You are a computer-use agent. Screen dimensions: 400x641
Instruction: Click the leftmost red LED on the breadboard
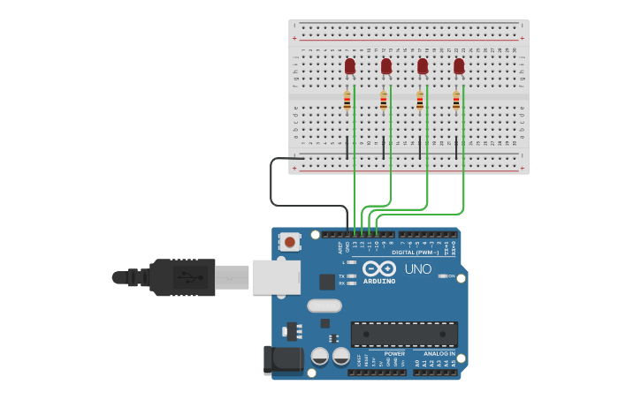[x=350, y=65]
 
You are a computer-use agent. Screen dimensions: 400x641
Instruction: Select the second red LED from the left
[x=386, y=65]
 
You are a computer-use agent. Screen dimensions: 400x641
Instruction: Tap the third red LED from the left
[x=423, y=65]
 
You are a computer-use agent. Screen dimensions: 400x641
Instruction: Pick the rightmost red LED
[x=459, y=65]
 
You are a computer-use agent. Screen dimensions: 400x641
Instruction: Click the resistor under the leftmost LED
[x=347, y=101]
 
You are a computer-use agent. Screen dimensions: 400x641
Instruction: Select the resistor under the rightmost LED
[x=456, y=101]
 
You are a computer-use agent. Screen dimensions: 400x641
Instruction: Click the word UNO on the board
[x=417, y=268]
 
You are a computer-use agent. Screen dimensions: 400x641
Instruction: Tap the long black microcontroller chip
[x=404, y=334]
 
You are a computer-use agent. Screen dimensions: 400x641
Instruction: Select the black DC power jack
[x=283, y=359]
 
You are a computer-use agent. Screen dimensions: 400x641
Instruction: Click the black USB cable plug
[x=181, y=277]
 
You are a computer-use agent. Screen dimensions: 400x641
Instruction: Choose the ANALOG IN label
[x=439, y=353]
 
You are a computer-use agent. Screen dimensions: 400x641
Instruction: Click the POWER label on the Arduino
[x=394, y=353]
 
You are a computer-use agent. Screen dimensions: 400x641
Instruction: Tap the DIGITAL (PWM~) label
[x=420, y=253]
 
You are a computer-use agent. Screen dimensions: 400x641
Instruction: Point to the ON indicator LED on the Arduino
[x=443, y=276]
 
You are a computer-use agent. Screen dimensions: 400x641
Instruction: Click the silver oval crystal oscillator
[x=324, y=306]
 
